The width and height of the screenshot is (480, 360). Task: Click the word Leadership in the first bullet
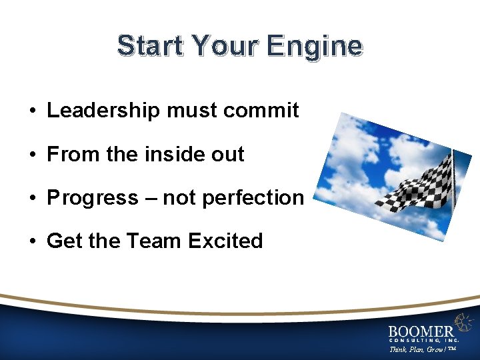[x=104, y=111]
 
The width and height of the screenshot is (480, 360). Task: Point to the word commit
[x=261, y=111]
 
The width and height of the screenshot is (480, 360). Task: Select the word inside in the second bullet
[x=174, y=154]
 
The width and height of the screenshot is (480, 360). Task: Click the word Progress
[x=93, y=198]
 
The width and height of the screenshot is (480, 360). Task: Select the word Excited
[x=226, y=241]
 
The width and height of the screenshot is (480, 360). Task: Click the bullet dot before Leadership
[x=32, y=111]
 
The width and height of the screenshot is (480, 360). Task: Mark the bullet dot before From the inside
[x=32, y=155]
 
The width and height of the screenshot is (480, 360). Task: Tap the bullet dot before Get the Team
[x=32, y=241]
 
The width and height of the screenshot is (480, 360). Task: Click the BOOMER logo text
[x=421, y=331]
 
